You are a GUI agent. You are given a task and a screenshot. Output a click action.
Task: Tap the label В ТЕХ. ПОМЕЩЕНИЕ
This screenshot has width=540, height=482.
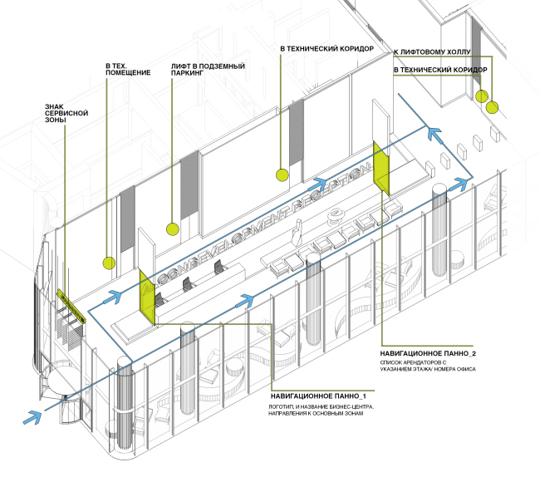[127, 69]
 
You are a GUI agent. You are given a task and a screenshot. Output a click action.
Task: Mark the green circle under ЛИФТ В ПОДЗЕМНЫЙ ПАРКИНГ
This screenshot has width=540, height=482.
[172, 229]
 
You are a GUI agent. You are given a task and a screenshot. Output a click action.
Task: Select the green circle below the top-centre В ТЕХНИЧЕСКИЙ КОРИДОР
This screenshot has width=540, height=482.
[282, 175]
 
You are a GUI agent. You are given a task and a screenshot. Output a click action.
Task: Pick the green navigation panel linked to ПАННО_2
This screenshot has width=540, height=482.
[382, 167]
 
